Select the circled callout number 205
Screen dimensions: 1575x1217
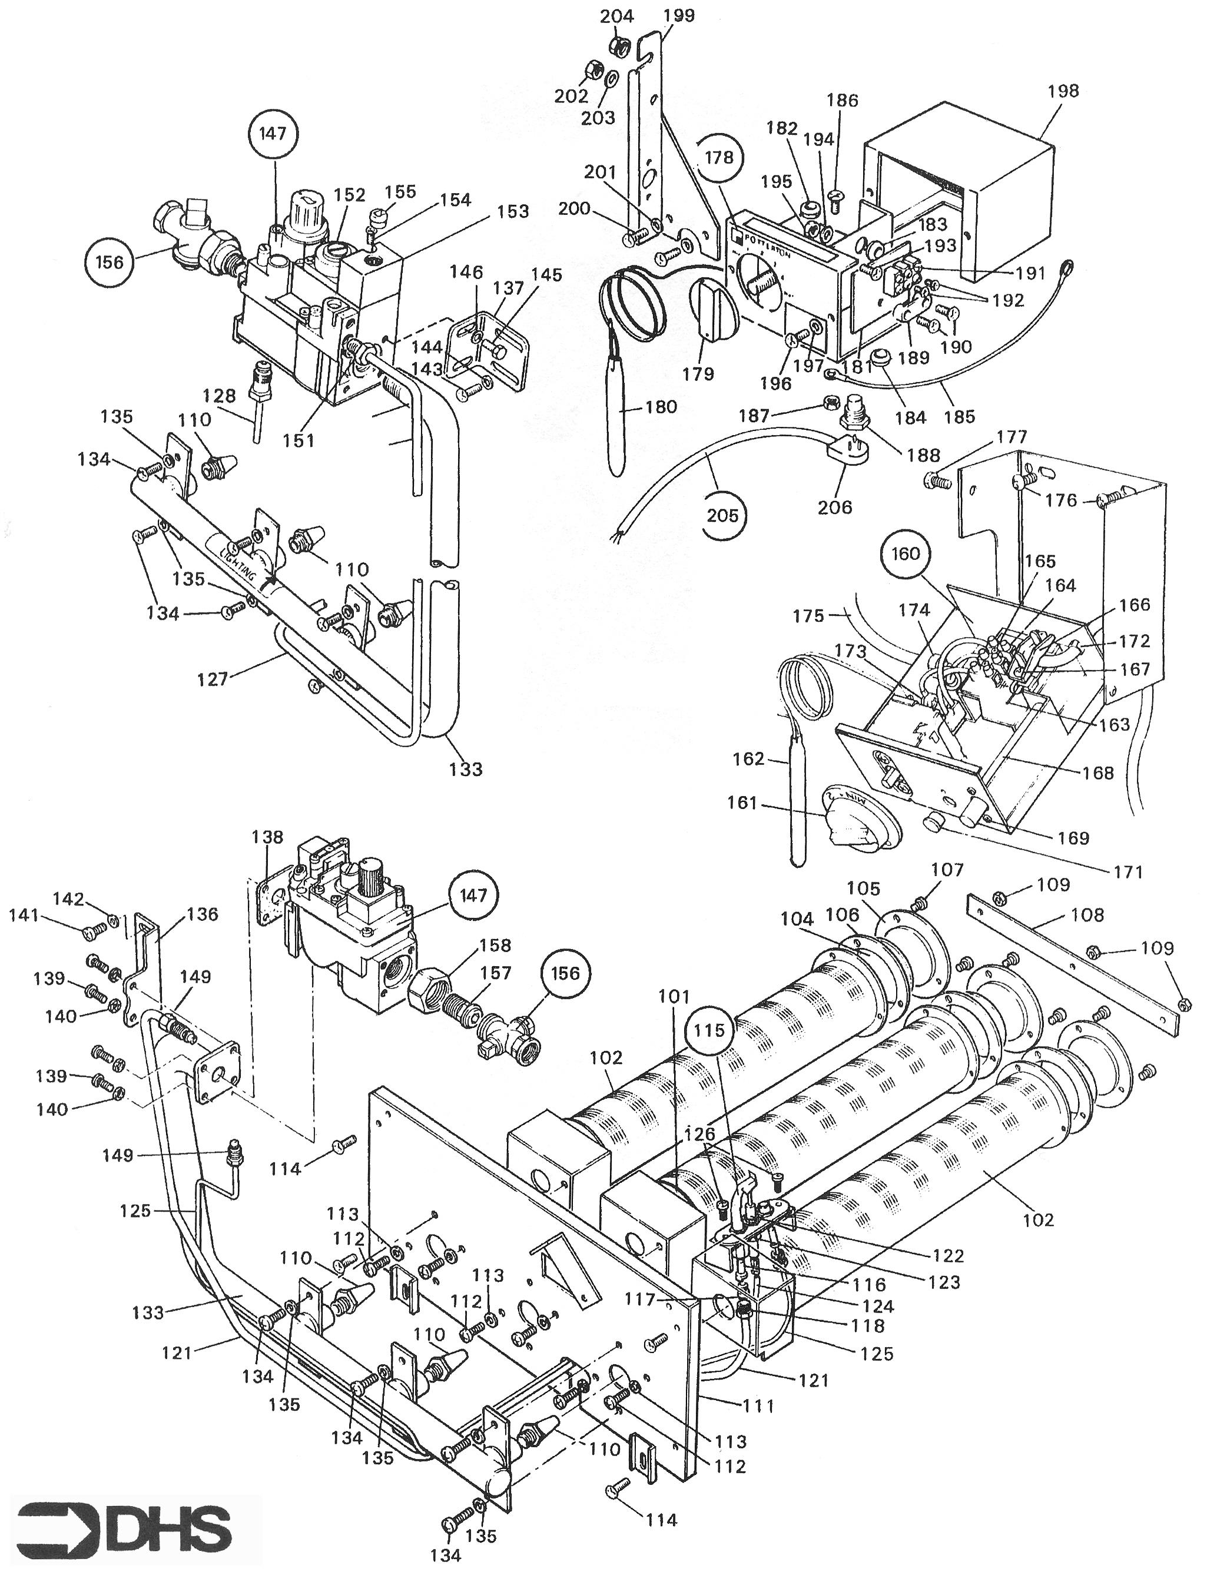[x=723, y=515]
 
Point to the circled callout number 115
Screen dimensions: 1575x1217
[x=709, y=1030]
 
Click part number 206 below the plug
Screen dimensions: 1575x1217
[x=835, y=507]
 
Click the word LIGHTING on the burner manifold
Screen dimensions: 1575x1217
[x=238, y=566]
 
